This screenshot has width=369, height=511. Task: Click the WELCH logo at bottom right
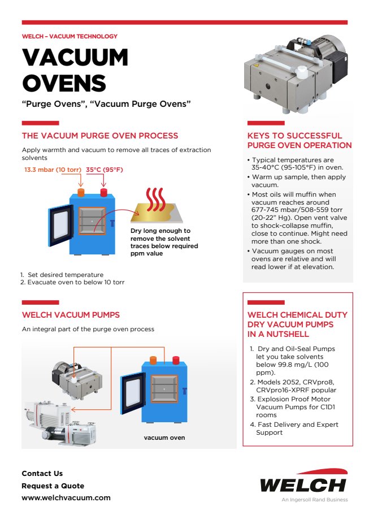303,483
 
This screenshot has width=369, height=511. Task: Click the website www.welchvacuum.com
66,498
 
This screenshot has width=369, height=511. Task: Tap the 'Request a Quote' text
53,486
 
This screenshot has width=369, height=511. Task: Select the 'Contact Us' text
42,473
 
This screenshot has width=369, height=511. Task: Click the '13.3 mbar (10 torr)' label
51,170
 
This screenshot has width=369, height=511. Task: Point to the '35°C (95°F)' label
104,170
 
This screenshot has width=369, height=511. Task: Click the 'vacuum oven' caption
164,438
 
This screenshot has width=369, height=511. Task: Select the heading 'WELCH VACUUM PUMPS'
71,315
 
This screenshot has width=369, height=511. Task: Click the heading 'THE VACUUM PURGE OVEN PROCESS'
100,136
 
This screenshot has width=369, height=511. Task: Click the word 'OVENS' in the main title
64,83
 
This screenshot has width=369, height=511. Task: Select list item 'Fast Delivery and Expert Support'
297,428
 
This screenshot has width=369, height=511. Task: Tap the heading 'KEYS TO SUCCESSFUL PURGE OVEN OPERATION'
299,140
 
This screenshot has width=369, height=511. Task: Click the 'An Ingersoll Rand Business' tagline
315,500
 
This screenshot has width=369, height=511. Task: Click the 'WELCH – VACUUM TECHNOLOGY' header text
70,36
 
